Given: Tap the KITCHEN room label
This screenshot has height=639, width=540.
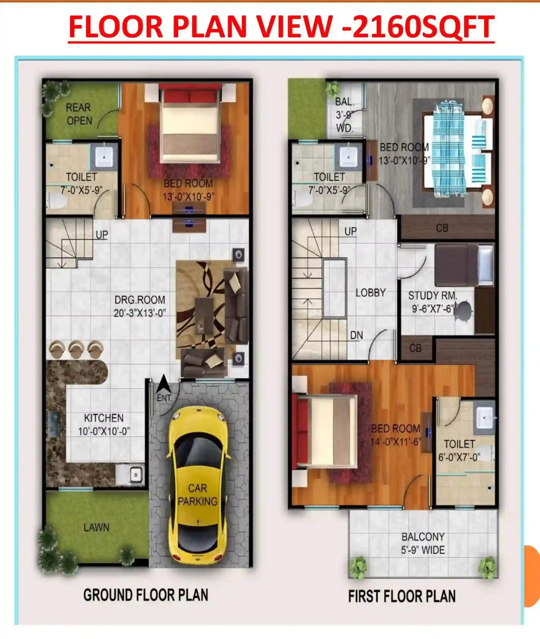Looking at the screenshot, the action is (104, 418).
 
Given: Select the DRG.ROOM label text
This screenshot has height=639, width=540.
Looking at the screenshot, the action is (140, 300).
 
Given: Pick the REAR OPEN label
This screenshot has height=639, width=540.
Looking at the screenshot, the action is (79, 114).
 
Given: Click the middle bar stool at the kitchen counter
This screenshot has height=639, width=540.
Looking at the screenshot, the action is (76, 349).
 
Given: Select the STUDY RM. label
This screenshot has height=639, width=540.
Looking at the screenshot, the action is (433, 296).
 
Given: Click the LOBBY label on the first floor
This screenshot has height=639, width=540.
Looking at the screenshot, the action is (371, 293).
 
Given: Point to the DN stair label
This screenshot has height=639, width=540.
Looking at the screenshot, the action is (357, 335).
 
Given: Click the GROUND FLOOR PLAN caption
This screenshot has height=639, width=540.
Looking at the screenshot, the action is (146, 595).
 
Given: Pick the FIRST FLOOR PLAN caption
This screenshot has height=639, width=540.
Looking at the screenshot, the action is (402, 597).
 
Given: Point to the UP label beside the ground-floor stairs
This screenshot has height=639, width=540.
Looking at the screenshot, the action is (102, 235).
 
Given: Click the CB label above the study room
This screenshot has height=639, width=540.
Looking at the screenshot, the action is (442, 228).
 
